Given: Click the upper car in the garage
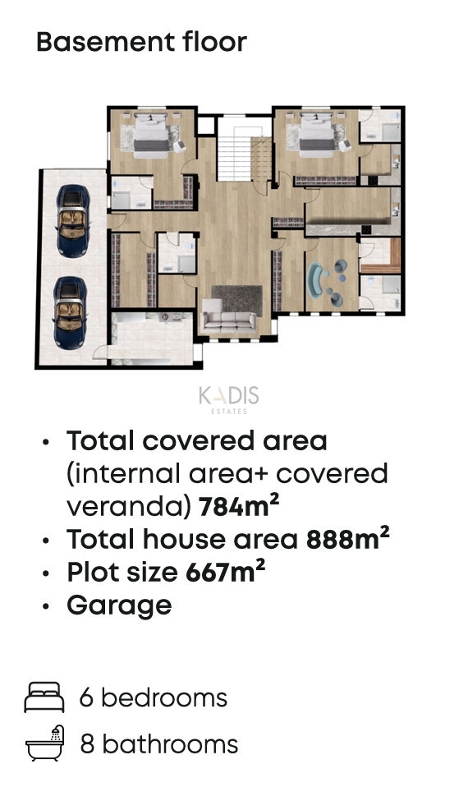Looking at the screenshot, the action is (73, 221).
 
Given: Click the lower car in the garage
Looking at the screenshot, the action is (71, 313).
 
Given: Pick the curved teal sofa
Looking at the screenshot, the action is (318, 281).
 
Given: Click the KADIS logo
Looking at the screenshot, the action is (229, 399).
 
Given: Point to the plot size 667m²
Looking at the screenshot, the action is (225, 571).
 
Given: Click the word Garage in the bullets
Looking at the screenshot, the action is (119, 605).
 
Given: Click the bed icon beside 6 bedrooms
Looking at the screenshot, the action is (44, 697).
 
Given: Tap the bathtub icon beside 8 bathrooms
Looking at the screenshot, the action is (45, 743).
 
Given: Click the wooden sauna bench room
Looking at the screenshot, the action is (380, 255).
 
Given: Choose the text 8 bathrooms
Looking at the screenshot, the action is (158, 743).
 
